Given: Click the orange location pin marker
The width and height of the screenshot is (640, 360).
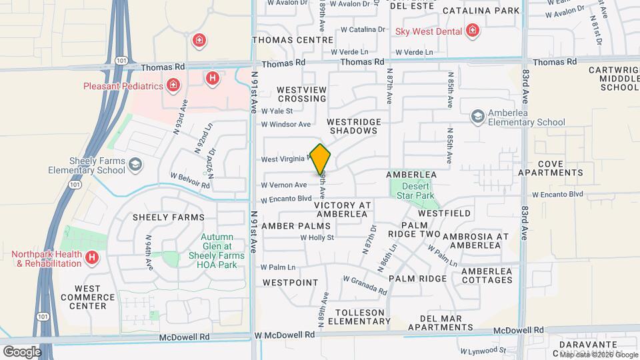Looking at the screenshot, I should tap(321, 159).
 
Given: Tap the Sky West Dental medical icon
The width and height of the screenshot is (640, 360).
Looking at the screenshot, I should tap(472, 30).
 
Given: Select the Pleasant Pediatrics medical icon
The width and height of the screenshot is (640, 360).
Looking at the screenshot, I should tap(173, 86).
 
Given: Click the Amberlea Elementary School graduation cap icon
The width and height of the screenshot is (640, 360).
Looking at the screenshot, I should tap(477, 117).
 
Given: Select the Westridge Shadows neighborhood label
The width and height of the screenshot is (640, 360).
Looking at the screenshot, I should tap(353, 126).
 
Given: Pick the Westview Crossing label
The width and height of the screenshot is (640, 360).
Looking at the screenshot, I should tap(301, 93).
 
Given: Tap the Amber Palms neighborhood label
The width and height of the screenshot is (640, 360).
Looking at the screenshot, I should tap(296, 227).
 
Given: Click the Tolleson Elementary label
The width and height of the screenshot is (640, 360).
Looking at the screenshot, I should tap(361, 317).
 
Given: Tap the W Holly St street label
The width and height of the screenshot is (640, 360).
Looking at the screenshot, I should tap(317, 237).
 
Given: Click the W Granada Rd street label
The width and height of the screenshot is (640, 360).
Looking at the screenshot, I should tap(364, 285).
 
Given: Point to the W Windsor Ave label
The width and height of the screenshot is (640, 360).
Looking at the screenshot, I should tap(286, 124).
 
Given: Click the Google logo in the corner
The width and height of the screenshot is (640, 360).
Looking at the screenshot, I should tap(22, 351).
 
